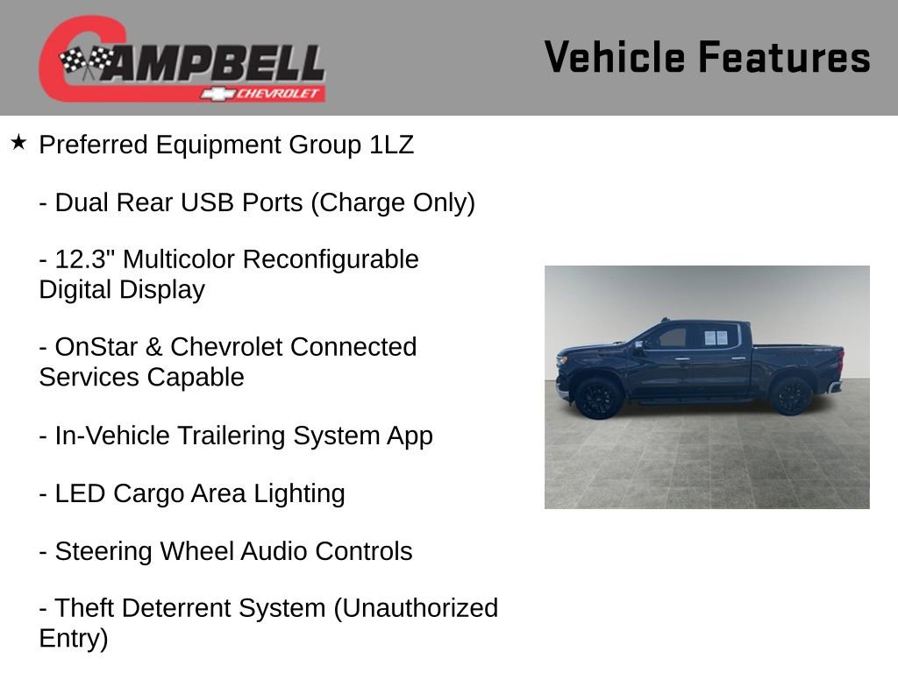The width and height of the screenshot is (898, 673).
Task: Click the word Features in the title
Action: pos(784,58)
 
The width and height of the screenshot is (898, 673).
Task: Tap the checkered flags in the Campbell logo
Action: pos(86,60)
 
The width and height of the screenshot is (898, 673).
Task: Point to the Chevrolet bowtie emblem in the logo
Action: pos(214,93)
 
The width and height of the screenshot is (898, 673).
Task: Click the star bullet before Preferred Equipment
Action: pos(18,142)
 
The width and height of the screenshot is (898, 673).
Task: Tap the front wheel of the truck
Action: pos(599,397)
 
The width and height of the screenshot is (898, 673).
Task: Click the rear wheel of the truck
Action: pos(790,395)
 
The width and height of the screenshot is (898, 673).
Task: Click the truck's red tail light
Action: pos(839,360)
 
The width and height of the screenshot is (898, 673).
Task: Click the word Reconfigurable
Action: pos(331,259)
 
